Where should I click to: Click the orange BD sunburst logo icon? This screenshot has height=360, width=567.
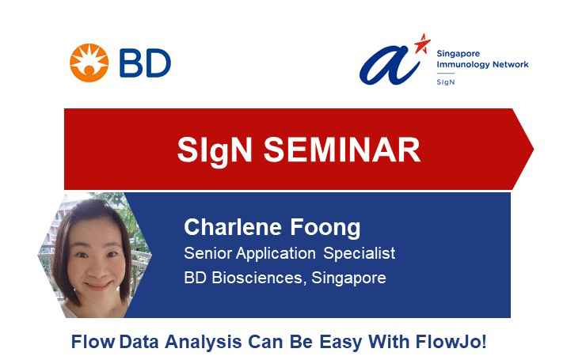89,63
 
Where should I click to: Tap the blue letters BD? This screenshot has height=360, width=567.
145,63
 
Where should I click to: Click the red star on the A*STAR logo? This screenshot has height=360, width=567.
422,44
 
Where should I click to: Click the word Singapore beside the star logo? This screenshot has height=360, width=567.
459,54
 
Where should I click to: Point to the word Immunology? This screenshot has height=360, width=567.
459,65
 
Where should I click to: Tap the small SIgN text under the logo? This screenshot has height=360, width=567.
446,82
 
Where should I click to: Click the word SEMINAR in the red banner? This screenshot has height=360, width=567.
342,150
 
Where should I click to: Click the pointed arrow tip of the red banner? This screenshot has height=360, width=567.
534,149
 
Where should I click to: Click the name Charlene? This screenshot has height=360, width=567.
233,227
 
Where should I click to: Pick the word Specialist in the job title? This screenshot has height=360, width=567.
359,253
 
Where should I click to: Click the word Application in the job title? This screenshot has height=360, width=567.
276,253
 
